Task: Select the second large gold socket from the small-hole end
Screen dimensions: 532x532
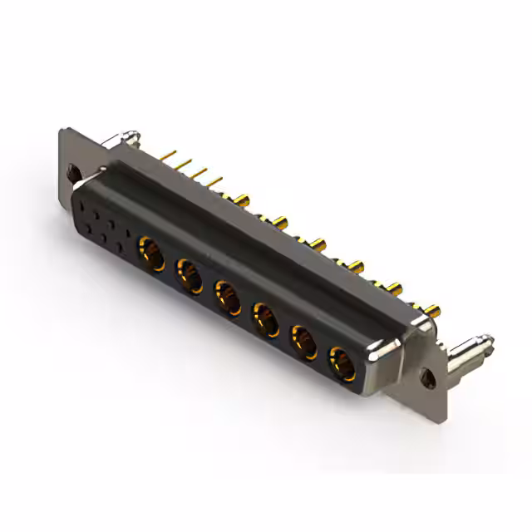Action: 189,272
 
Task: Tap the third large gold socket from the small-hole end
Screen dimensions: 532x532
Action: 227,295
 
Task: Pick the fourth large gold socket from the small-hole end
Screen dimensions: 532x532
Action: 265,317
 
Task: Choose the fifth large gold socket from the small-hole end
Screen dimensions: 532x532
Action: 303,340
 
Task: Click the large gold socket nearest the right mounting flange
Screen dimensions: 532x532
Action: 342,362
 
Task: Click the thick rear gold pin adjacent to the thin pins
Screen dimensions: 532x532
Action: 242,199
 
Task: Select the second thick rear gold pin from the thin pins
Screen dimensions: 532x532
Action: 279,221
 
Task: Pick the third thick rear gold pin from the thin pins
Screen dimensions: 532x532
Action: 318,244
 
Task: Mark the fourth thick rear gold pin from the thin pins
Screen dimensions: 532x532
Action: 357,266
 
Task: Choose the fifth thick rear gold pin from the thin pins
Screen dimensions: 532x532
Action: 394,288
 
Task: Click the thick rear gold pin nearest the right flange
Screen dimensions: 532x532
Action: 431,311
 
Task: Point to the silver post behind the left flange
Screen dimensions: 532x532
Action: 126,135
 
